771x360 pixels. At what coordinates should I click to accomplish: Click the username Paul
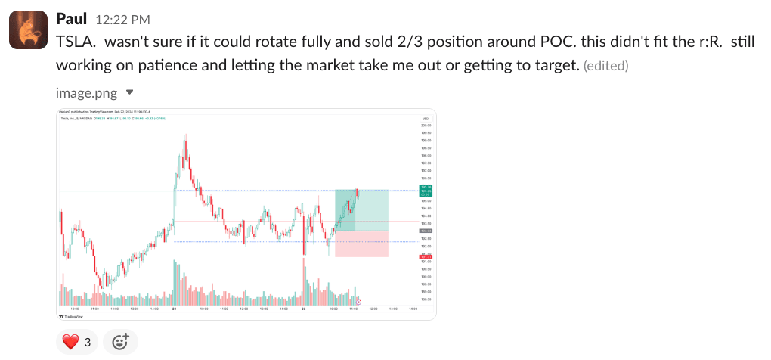(71, 17)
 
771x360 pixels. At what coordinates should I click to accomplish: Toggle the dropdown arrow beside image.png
(129, 92)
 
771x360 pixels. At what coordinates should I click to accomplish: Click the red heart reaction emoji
(70, 342)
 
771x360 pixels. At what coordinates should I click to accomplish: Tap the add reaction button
(120, 342)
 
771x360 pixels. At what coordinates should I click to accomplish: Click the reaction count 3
(87, 342)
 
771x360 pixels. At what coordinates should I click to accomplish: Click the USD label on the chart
(426, 119)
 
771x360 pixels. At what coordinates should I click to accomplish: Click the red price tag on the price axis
(426, 257)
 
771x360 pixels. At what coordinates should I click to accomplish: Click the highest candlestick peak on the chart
(185, 136)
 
